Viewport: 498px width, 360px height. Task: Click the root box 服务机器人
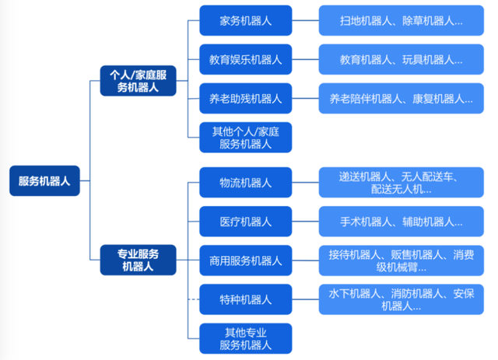[44, 181]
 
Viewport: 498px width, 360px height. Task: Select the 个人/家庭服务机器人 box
[138, 81]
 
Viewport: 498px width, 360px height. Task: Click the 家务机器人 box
[245, 20]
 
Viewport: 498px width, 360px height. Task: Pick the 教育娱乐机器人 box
[245, 59]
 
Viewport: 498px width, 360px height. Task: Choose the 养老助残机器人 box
[245, 99]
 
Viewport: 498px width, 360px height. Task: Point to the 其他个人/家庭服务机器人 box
[245, 138]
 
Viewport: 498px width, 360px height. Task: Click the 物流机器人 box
[245, 182]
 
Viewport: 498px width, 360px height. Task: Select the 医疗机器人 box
[245, 222]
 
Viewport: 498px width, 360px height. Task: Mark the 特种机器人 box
[245, 299]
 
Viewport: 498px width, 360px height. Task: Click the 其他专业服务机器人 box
[245, 338]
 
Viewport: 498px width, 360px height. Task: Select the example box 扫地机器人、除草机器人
[401, 20]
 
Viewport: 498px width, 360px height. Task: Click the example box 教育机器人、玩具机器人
[401, 59]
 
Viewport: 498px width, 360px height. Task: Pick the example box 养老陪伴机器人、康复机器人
[401, 99]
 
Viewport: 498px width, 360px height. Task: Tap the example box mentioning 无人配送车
[401, 182]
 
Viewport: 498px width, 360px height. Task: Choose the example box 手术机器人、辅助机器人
[401, 222]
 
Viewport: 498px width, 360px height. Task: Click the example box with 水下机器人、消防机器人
[401, 299]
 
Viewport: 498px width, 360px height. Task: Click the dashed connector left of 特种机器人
[194, 299]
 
